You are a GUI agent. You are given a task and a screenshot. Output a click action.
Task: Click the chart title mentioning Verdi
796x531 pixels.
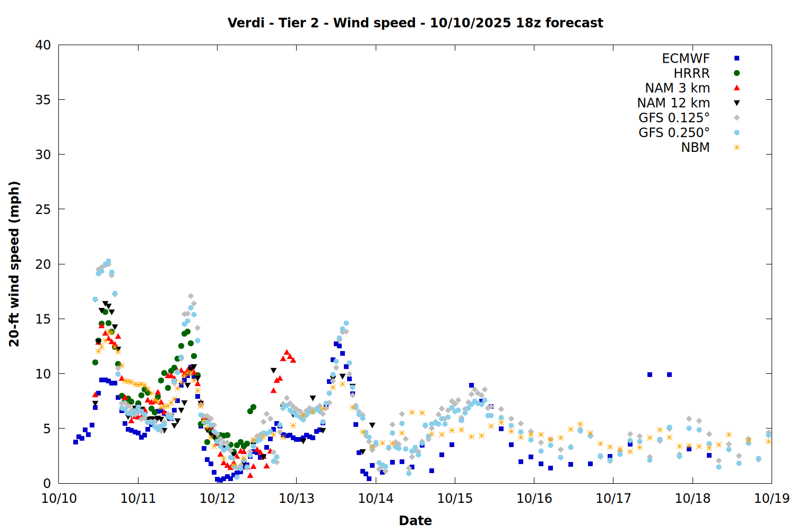415,23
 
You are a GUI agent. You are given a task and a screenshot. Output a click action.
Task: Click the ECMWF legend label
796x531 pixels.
686,58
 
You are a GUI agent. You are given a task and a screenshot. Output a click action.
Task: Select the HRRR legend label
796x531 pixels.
691,73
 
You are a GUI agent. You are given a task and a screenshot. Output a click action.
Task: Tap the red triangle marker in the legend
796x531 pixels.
737,88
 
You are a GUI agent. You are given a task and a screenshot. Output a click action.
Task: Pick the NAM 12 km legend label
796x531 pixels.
673,103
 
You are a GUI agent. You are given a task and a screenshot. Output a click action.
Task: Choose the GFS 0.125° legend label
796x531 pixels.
674,118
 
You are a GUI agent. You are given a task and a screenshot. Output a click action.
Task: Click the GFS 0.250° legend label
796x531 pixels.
674,133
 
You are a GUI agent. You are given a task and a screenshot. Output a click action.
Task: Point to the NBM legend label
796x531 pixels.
695,148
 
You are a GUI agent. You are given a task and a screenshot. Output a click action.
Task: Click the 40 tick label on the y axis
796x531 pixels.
43,46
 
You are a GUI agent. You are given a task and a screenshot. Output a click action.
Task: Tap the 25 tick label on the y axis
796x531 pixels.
43,210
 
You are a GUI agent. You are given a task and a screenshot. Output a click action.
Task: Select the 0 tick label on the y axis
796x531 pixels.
47,484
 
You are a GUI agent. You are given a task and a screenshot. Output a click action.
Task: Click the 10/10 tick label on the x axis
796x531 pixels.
59,499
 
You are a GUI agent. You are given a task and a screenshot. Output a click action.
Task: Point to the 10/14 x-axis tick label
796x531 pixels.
376,499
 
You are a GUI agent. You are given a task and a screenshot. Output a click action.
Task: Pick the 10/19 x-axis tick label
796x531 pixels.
772,499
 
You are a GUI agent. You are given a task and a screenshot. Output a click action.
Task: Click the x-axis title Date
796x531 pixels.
415,520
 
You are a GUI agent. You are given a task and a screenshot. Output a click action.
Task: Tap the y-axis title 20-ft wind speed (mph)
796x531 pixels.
14,264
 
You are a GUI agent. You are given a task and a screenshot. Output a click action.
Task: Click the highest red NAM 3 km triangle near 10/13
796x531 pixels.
287,352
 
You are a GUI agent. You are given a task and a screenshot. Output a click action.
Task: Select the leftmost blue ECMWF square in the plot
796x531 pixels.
75,442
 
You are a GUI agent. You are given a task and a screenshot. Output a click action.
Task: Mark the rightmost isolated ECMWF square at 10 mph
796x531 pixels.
669,374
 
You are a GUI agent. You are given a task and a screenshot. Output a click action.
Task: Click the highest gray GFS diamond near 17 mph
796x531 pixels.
191,296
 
